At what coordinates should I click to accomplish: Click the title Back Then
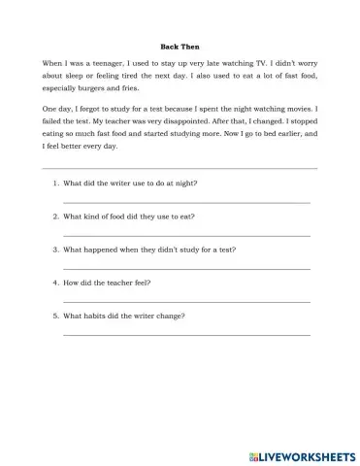[179, 45]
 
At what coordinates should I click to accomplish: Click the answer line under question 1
[186, 201]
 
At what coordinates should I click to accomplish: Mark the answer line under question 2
[186, 235]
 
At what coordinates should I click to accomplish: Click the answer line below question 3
[186, 269]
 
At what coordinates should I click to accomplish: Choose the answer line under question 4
[186, 302]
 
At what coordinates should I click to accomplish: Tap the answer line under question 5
[186, 335]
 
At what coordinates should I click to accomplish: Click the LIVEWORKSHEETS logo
[298, 453]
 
